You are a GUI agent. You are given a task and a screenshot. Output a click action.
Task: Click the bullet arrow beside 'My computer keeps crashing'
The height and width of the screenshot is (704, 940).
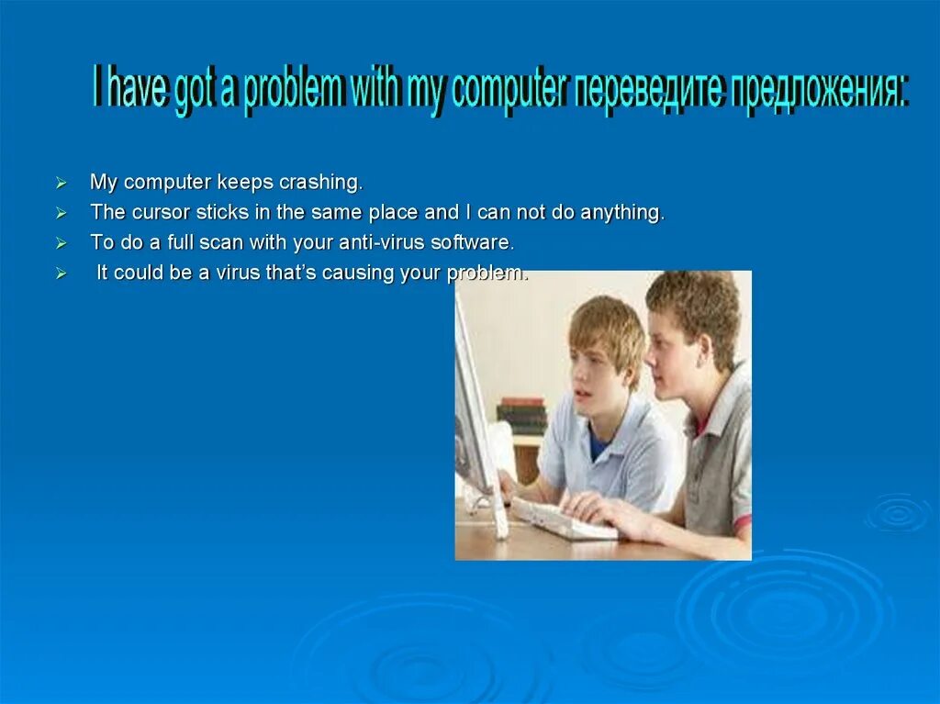coord(62,183)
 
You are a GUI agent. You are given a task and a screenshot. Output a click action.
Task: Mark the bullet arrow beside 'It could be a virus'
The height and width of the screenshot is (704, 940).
coord(62,274)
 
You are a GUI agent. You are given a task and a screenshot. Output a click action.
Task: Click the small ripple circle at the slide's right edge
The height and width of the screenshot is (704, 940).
coord(898,513)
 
